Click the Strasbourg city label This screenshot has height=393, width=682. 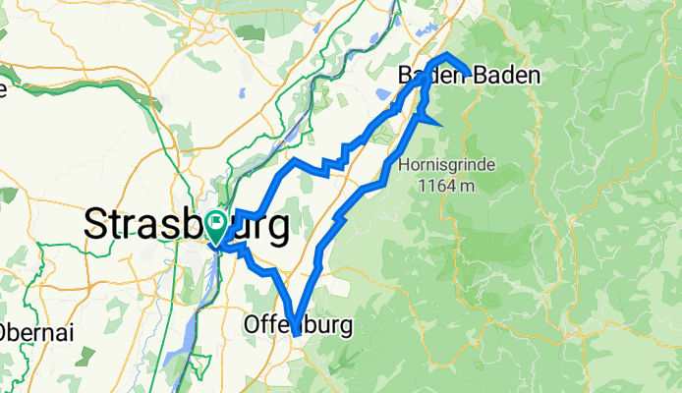(187, 225)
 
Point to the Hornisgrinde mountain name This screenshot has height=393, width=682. (447, 164)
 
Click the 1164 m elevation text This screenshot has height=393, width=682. (446, 184)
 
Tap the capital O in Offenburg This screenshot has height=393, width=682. (251, 324)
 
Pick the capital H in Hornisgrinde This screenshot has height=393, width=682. (405, 164)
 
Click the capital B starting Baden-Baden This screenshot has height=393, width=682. (405, 75)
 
